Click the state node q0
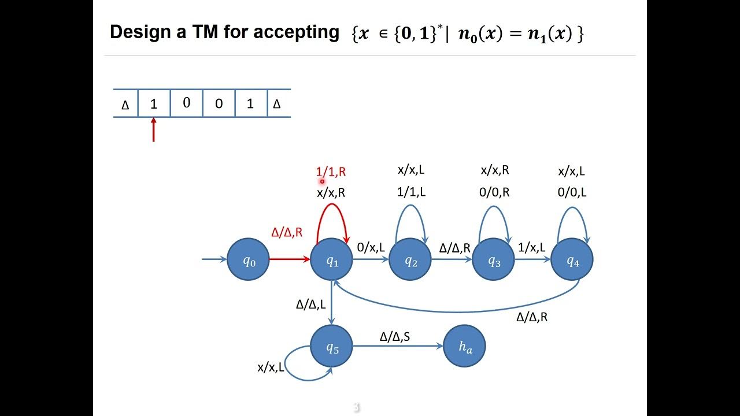coord(249,260)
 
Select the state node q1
coord(332,260)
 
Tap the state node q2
coord(410,260)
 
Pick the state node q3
coord(494,260)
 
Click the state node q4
coord(572,260)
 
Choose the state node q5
coord(332,346)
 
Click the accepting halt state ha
coord(465,346)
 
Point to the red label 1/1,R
coord(331,172)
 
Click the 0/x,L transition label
coord(371,247)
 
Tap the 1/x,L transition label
coord(531,247)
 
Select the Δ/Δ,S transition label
coord(395,336)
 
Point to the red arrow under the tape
coord(153,130)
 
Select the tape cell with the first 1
coord(154,104)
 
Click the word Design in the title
coord(141,32)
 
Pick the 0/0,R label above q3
coord(494,192)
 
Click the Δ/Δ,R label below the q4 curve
coord(532,317)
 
